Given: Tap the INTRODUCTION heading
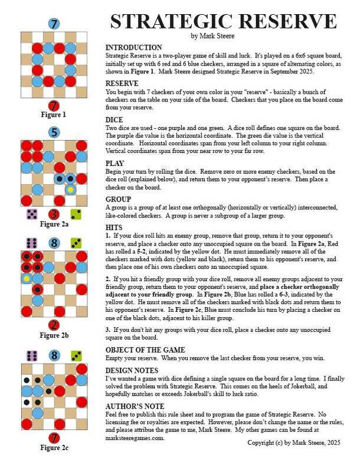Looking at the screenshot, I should (133, 47).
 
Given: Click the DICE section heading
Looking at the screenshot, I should (114, 119).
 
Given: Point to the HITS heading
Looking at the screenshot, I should (114, 227).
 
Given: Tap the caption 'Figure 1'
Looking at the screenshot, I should (54, 115).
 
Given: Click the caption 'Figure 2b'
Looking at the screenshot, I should (54, 335).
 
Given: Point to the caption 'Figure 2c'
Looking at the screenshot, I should (54, 447).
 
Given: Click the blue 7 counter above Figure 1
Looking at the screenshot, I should (54, 24).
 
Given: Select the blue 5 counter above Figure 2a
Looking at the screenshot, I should (54, 132).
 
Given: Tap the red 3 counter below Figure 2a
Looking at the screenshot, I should (54, 214).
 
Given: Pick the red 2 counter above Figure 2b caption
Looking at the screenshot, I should (54, 325).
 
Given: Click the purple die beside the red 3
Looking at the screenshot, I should (32, 214).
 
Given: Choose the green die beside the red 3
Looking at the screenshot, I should (76, 214).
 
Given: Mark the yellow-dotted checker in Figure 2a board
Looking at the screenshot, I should (70, 190).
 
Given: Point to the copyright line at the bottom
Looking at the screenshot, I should (293, 442).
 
